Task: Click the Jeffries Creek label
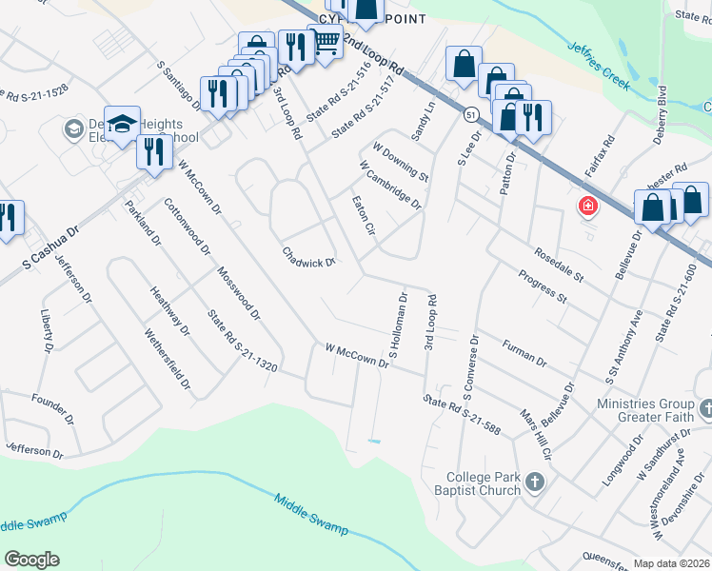pyautogui.click(x=599, y=66)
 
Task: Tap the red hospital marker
pyautogui.click(x=587, y=206)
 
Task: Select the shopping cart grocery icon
pyautogui.click(x=326, y=42)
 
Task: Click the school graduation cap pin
pyautogui.click(x=123, y=123)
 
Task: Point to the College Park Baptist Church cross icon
pyautogui.click(x=534, y=482)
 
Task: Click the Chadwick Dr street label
pyautogui.click(x=308, y=257)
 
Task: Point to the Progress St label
pyautogui.click(x=543, y=286)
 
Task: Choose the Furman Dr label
pyautogui.click(x=524, y=355)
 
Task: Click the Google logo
pyautogui.click(x=31, y=559)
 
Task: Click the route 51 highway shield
pyautogui.click(x=471, y=114)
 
